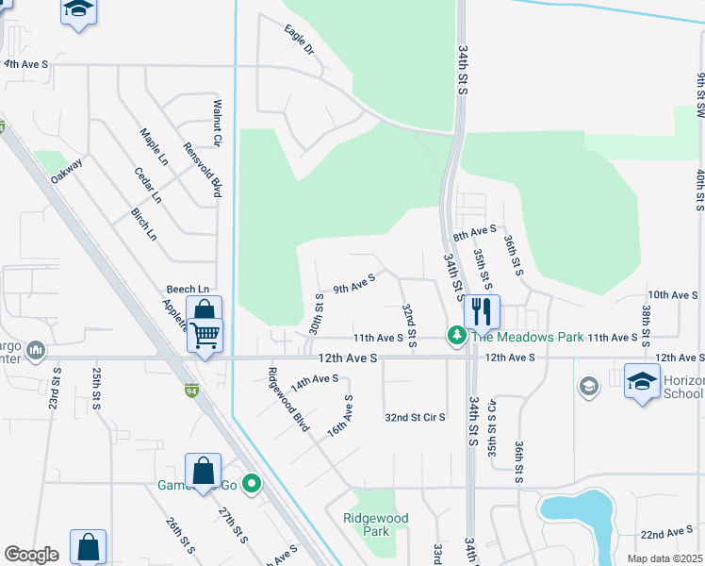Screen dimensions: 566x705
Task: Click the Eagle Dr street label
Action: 299,39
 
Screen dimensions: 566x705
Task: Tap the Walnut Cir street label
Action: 217,123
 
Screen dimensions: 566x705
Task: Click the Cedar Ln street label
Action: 148,186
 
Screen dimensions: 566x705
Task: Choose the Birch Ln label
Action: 144,225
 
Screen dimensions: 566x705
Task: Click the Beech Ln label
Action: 188,290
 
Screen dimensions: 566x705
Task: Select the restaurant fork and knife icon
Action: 482,310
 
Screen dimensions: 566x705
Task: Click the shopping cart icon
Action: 205,334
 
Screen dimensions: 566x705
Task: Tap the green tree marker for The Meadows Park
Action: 457,336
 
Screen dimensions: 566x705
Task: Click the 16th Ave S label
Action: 339,416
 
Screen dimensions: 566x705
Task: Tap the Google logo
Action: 31,555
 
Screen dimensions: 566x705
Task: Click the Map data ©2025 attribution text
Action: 664,558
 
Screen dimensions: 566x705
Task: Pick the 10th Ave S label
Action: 671,295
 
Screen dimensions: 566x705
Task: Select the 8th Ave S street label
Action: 474,231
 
